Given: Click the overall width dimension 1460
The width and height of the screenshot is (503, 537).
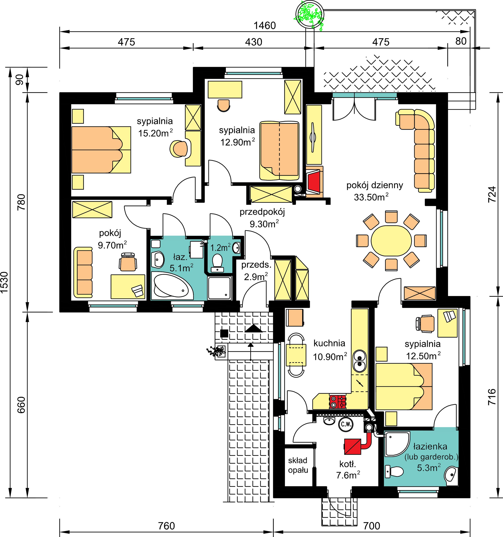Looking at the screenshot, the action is [x=265, y=26].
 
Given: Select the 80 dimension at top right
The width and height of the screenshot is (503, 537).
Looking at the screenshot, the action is [x=461, y=41].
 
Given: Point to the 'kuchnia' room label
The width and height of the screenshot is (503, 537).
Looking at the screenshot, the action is [x=329, y=343].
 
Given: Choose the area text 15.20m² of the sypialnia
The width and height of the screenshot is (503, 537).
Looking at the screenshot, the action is [x=155, y=133].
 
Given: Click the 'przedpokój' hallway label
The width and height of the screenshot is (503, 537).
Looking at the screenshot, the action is [x=262, y=212].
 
